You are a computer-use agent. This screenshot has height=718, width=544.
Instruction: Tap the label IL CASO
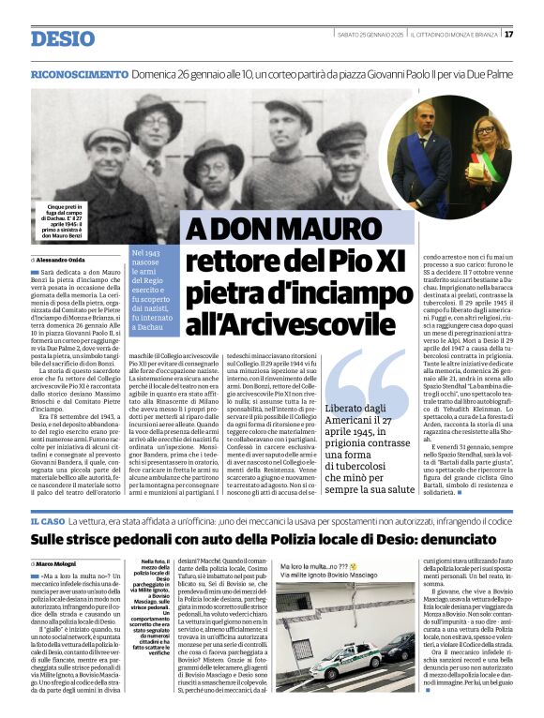47,520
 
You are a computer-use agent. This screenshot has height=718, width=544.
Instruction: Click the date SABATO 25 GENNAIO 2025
370,34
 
